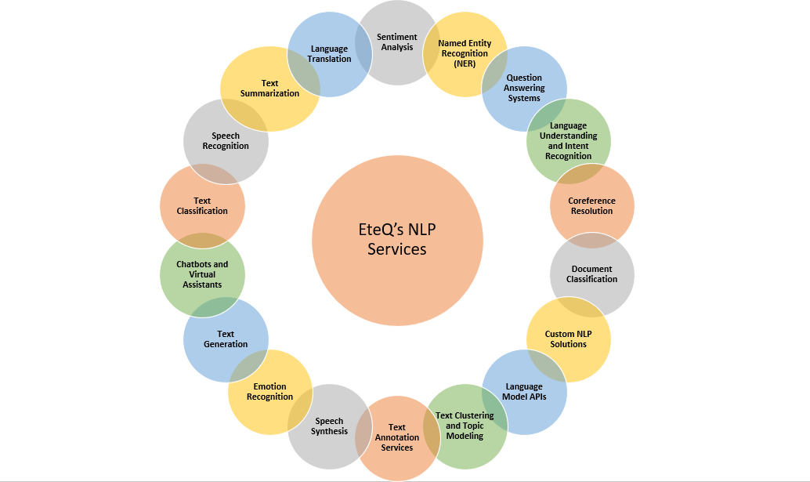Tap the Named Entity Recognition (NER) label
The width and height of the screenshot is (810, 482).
(x=463, y=53)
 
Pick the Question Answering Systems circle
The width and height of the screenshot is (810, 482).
(x=524, y=89)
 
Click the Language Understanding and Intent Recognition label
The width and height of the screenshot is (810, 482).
(x=568, y=141)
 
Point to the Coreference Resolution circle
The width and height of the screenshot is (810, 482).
(x=591, y=206)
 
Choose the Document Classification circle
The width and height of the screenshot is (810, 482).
(x=592, y=274)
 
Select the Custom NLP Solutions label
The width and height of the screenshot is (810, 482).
(x=568, y=339)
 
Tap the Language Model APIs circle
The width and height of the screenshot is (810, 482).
(x=524, y=392)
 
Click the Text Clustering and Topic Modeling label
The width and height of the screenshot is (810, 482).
(x=465, y=426)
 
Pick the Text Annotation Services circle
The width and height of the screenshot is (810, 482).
(x=397, y=437)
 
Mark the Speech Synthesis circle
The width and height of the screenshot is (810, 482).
(x=329, y=426)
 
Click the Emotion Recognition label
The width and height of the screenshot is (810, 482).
(x=270, y=392)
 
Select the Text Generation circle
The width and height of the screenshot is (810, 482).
(x=226, y=339)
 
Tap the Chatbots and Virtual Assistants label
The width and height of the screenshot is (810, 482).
(x=202, y=274)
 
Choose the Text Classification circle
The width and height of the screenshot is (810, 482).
(x=202, y=206)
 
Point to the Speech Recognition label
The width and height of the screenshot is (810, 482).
(x=226, y=141)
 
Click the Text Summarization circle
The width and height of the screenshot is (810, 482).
(x=269, y=89)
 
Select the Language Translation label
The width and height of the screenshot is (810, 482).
(x=329, y=54)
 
